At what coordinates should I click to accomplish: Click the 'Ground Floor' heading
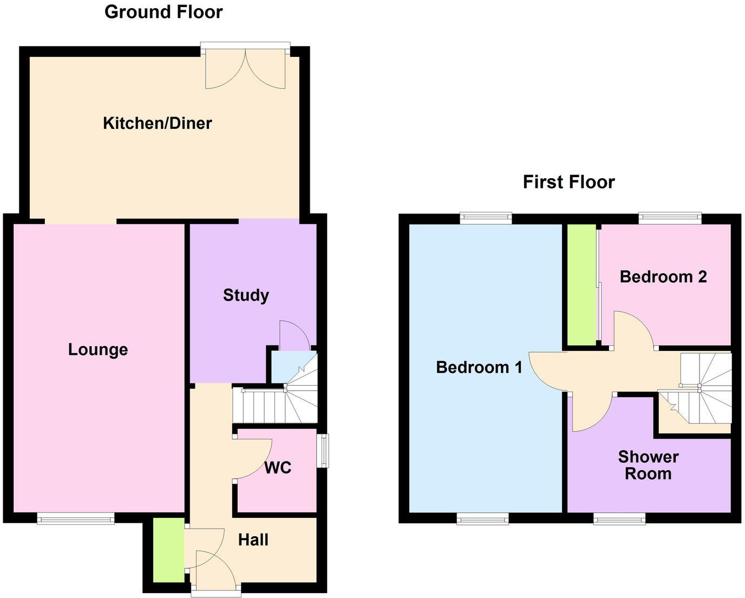pyautogui.click(x=163, y=12)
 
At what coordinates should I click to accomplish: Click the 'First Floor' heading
pyautogui.click(x=568, y=182)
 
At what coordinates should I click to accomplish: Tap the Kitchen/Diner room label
pyautogui.click(x=157, y=123)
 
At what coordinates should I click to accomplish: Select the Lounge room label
pyautogui.click(x=98, y=349)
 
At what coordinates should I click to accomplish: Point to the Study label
pyautogui.click(x=246, y=295)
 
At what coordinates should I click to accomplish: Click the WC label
pyautogui.click(x=278, y=467)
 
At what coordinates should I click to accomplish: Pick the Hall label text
pyautogui.click(x=253, y=539)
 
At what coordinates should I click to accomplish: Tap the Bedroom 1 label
pyautogui.click(x=479, y=367)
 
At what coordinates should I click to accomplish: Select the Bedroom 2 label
pyautogui.click(x=663, y=277)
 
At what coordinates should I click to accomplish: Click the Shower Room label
pyautogui.click(x=648, y=465)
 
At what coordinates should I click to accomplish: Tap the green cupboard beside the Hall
pyautogui.click(x=168, y=550)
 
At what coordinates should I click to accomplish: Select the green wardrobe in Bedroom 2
pyautogui.click(x=581, y=284)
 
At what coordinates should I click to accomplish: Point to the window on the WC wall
pyautogui.click(x=323, y=451)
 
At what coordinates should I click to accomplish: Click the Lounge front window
pyautogui.click(x=76, y=519)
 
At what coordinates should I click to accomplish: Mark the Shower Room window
pyautogui.click(x=619, y=519)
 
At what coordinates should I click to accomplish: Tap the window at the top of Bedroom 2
pyautogui.click(x=669, y=218)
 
